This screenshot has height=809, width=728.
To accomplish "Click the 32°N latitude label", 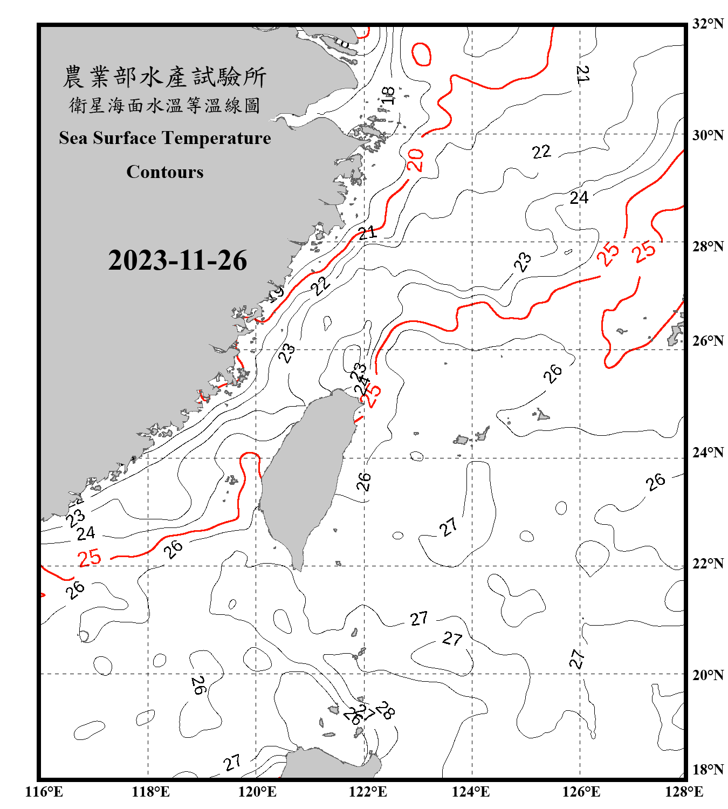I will [708, 24].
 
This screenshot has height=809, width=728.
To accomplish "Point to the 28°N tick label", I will [708, 246].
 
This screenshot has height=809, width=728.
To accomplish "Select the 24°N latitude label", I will [708, 453].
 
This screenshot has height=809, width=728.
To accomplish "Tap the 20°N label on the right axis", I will [708, 675].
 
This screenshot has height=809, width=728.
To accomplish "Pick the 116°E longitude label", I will [44, 792].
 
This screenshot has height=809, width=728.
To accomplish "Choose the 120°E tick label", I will [257, 792].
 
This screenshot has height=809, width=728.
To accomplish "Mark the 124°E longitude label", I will [471, 792].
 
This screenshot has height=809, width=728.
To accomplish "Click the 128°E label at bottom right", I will [684, 792].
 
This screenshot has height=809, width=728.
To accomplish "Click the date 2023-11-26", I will [177, 260].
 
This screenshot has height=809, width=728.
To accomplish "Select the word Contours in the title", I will [165, 172].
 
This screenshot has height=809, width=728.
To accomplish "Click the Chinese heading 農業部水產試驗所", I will [164, 77].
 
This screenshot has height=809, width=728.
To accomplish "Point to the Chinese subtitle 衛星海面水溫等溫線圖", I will [164, 105].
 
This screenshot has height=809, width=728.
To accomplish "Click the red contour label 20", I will [415, 160].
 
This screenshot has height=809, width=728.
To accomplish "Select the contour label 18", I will [388, 95].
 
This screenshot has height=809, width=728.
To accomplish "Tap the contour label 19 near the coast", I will [276, 293].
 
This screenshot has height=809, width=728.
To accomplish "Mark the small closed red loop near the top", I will [421, 54].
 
